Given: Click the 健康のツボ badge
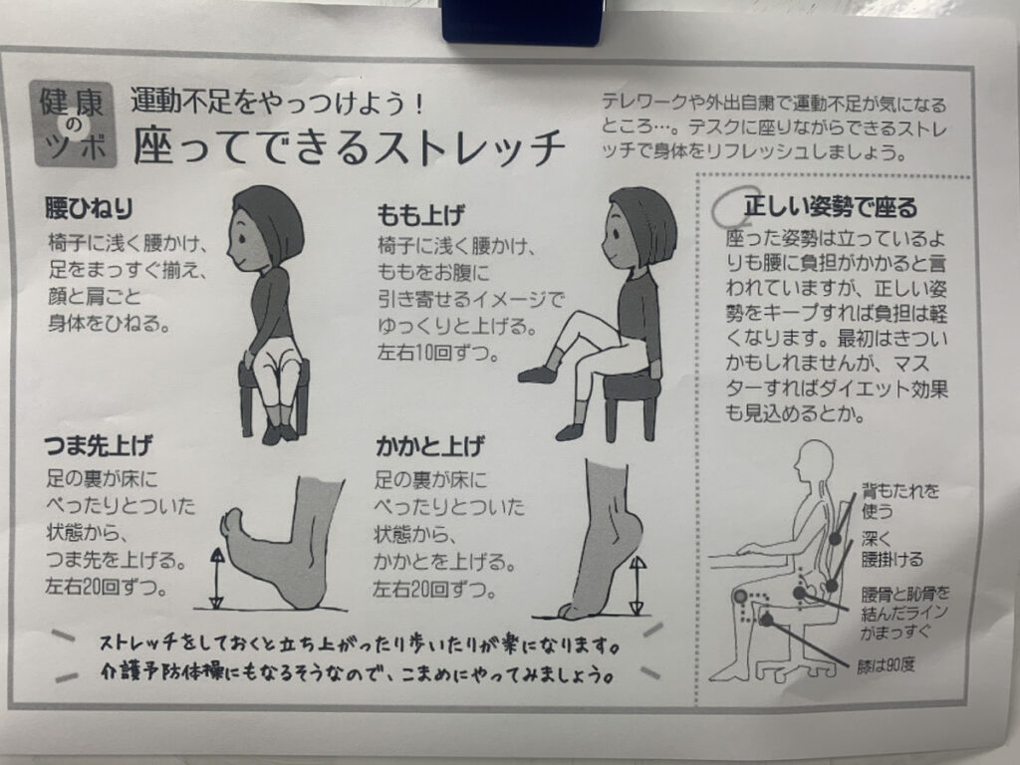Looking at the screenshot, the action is tap(72, 123).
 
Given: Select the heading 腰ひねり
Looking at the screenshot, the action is tap(89, 208).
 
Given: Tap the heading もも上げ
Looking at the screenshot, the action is tap(421, 214).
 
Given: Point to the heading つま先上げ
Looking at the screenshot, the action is tap(99, 445).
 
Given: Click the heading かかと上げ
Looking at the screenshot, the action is tap(429, 446).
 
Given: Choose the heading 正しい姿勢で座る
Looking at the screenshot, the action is tap(830, 206).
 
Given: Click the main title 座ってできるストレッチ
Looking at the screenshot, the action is tap(349, 145).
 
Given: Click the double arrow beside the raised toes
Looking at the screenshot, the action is tap(216, 578).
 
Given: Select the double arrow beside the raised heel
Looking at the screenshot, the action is tap(637, 586).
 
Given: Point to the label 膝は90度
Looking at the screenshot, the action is tap(886, 665).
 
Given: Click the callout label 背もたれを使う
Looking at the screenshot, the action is tap(899, 500).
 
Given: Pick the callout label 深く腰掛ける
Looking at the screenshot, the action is tap(892, 549).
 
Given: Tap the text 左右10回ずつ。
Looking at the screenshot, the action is tap(438, 354).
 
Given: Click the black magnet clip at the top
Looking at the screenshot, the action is tap(521, 22).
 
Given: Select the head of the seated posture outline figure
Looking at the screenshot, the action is tap(813, 462).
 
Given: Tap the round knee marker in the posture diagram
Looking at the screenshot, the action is tap(740, 596).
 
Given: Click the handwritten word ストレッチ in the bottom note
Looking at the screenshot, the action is tap(137, 643).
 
